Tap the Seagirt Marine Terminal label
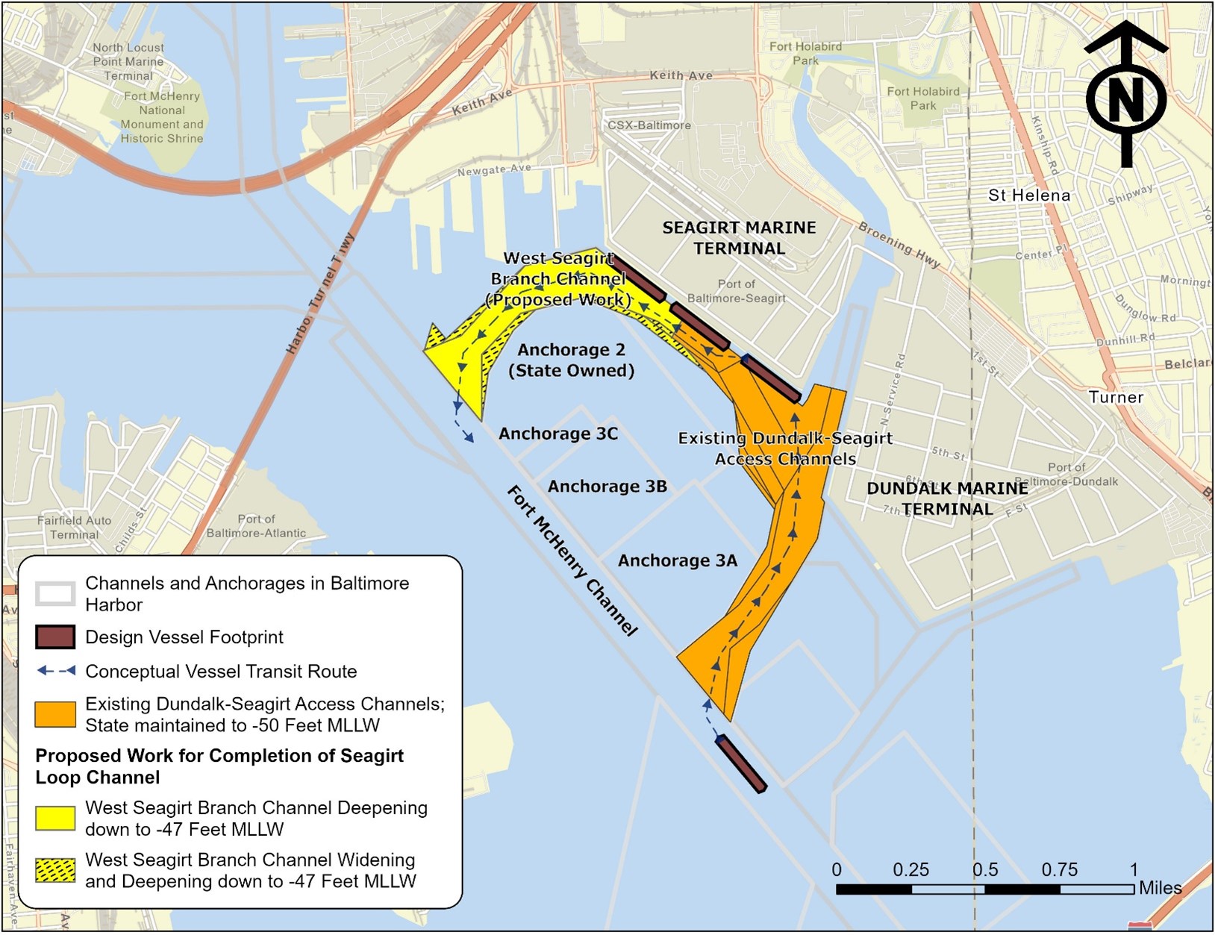tap(739, 238)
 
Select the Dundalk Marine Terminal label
tap(947, 498)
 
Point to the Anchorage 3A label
tap(677, 561)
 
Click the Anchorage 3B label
tap(607, 487)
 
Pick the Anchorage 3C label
tap(558, 434)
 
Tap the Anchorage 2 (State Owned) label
tap(572, 360)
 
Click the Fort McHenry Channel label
tap(572, 560)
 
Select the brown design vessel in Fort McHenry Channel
tap(740, 763)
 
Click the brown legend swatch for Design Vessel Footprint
tap(55, 637)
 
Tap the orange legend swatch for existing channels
tap(55, 714)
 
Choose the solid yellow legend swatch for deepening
tap(55, 819)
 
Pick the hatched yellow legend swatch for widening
tap(55, 871)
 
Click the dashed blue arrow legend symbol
tap(56, 671)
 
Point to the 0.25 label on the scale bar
tap(911, 870)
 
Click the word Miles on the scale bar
tap(1160, 888)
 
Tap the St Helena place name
tap(1028, 196)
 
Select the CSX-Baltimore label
tap(649, 125)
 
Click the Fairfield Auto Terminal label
tap(74, 528)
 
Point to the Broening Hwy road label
tap(899, 245)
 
